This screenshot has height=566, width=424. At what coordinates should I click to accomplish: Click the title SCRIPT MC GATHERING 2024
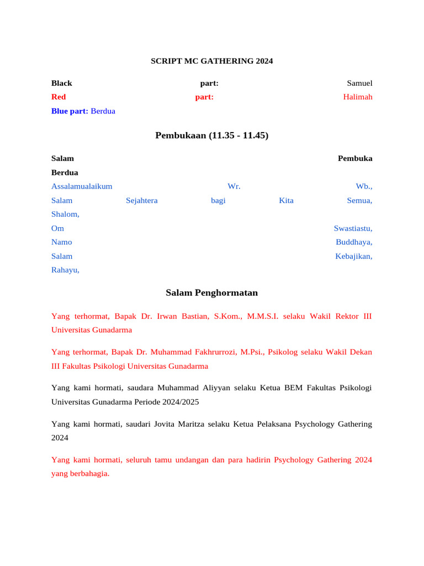[x=211, y=61]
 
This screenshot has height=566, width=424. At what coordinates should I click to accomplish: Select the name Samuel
[x=359, y=83]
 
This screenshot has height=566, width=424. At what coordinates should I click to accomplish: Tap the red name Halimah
[x=357, y=97]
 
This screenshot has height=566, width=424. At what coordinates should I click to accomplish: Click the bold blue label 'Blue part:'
[x=70, y=111]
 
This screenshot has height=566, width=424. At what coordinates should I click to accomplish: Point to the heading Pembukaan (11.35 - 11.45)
[x=211, y=135]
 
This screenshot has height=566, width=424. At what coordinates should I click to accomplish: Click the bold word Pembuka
[x=355, y=159]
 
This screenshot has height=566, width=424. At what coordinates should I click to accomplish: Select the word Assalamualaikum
[x=82, y=187]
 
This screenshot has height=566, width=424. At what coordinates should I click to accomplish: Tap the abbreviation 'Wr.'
[x=234, y=187]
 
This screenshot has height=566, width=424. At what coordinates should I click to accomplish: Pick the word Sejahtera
[x=141, y=201]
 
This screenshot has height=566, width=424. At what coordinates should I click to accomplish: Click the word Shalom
[x=65, y=214]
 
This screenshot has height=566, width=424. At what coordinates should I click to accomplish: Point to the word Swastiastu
[x=353, y=228]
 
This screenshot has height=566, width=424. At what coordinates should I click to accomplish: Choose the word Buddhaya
[x=354, y=242]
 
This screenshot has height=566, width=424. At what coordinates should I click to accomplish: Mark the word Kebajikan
[x=353, y=256]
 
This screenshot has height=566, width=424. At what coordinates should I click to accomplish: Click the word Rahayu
[x=65, y=270]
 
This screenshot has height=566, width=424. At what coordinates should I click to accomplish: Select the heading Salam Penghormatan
[x=211, y=293]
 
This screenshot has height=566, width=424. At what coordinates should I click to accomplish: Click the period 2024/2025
[x=179, y=402]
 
